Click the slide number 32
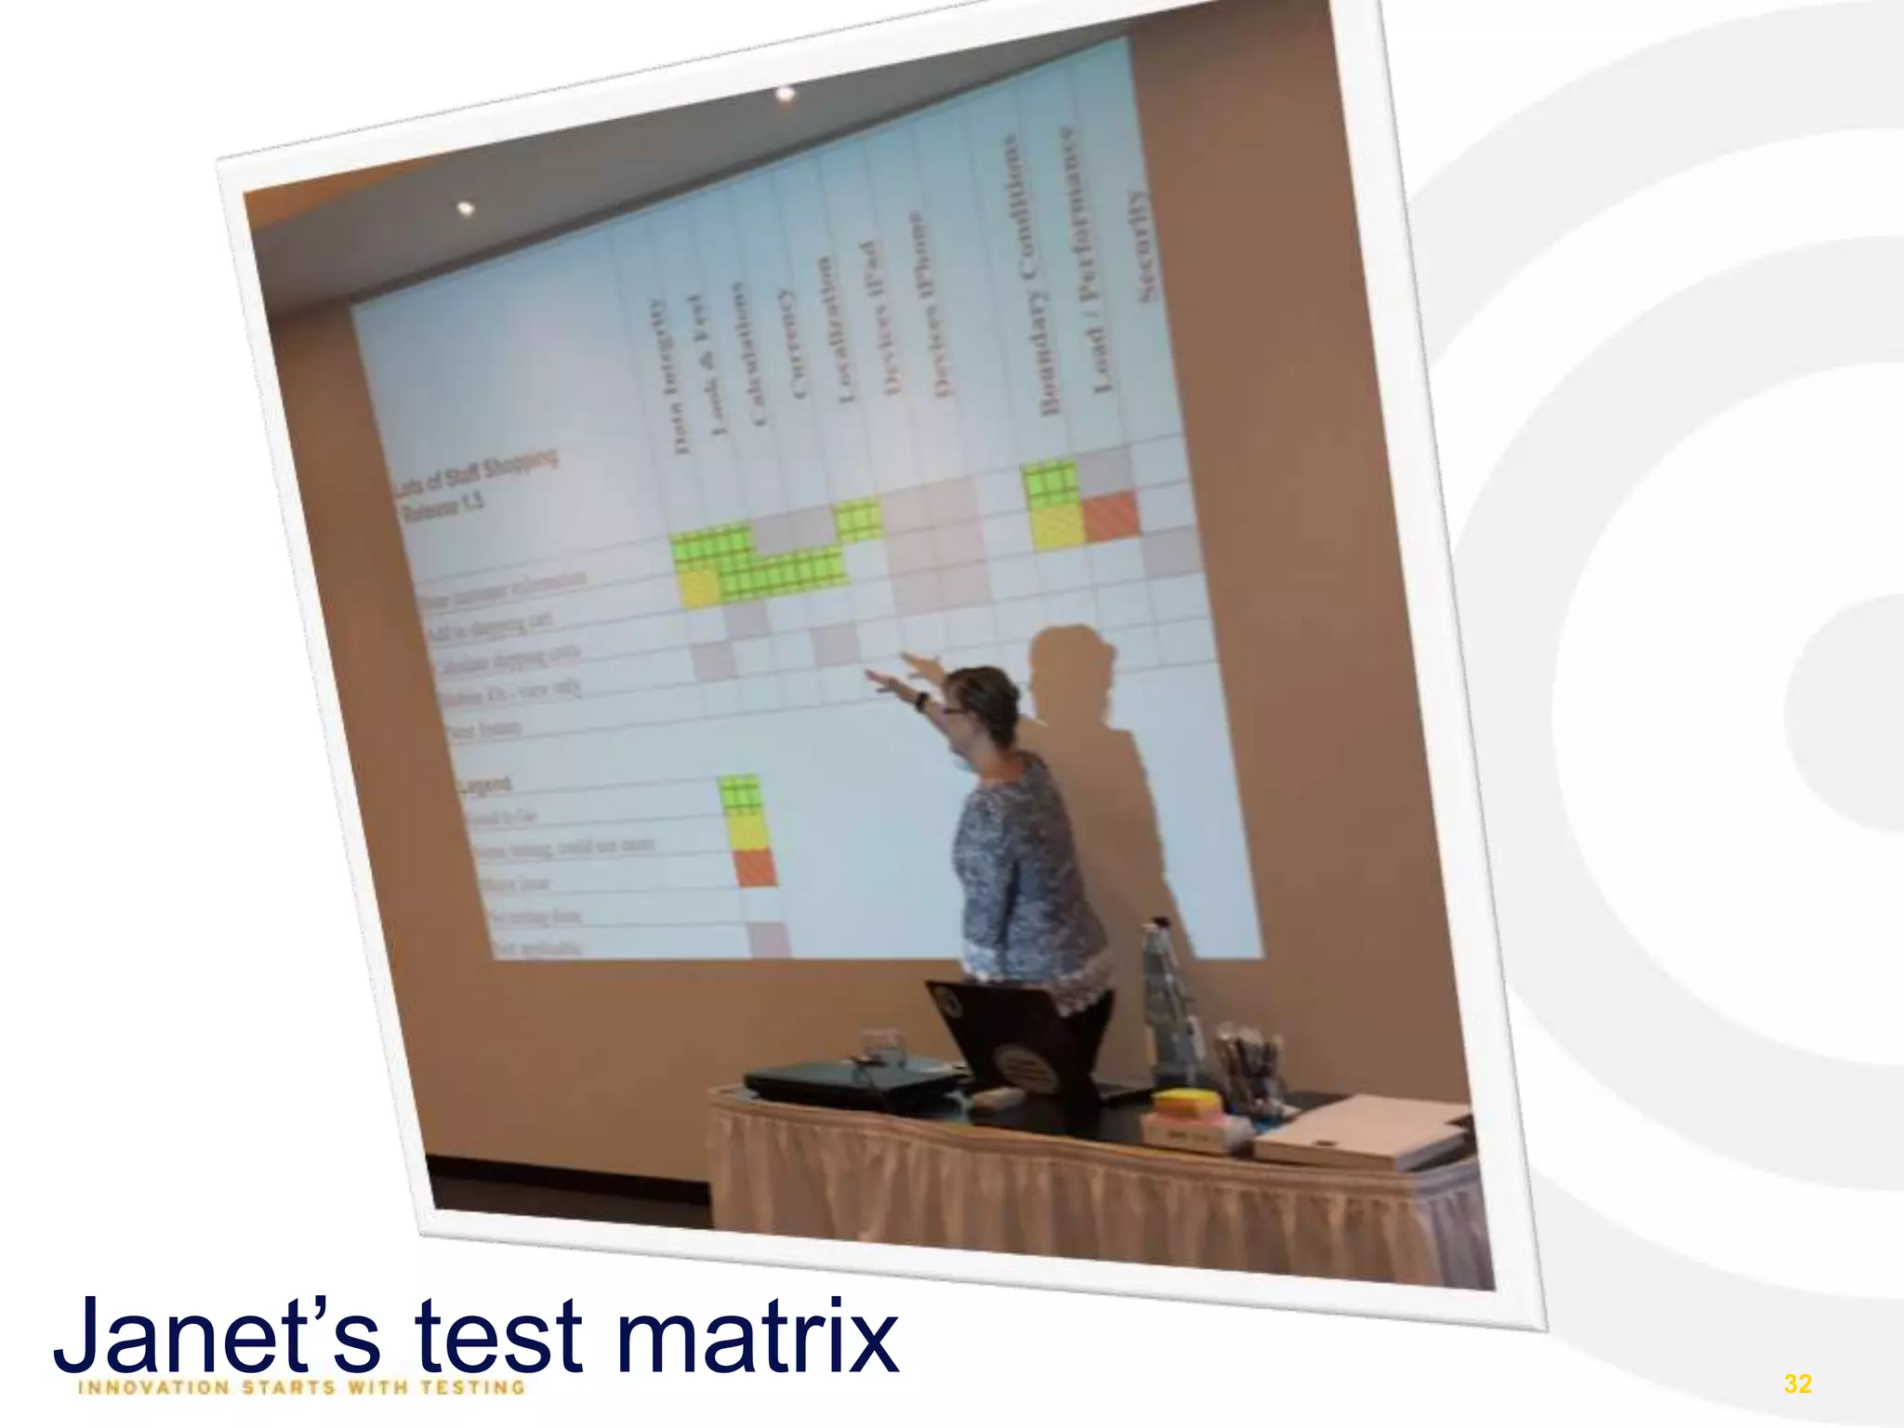pyautogui.click(x=1798, y=1383)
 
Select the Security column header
pyautogui.click(x=1140, y=246)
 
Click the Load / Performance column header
pyautogui.click(x=1084, y=260)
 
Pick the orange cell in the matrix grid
pyautogui.click(x=1110, y=517)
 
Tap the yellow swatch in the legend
pyautogui.click(x=747, y=831)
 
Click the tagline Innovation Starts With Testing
pyautogui.click(x=302, y=1388)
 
